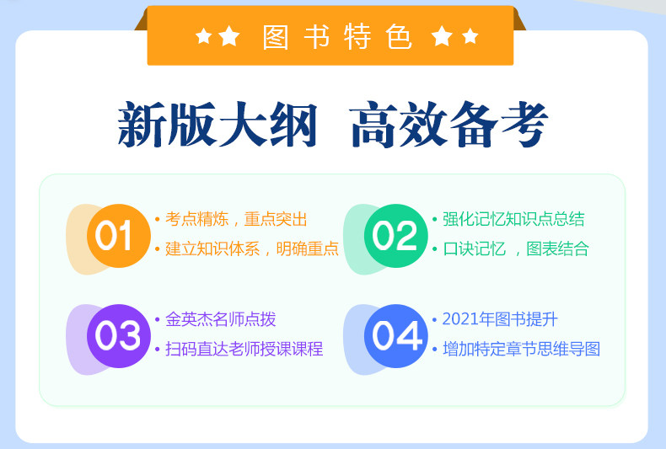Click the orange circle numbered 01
119,236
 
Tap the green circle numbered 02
396,236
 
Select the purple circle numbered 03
119,335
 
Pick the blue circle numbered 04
396,335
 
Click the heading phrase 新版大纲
218,125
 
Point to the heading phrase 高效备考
449,125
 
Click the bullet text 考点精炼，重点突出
236,219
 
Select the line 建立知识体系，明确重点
252,249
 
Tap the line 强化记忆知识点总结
513,219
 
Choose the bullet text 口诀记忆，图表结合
516,249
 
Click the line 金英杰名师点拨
220,319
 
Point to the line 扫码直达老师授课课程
244,349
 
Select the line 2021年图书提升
500,319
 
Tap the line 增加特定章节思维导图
522,349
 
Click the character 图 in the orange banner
275,37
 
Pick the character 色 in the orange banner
399,37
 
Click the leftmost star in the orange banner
203,36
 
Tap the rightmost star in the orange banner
470,36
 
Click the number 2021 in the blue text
460,319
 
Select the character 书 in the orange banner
316,37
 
